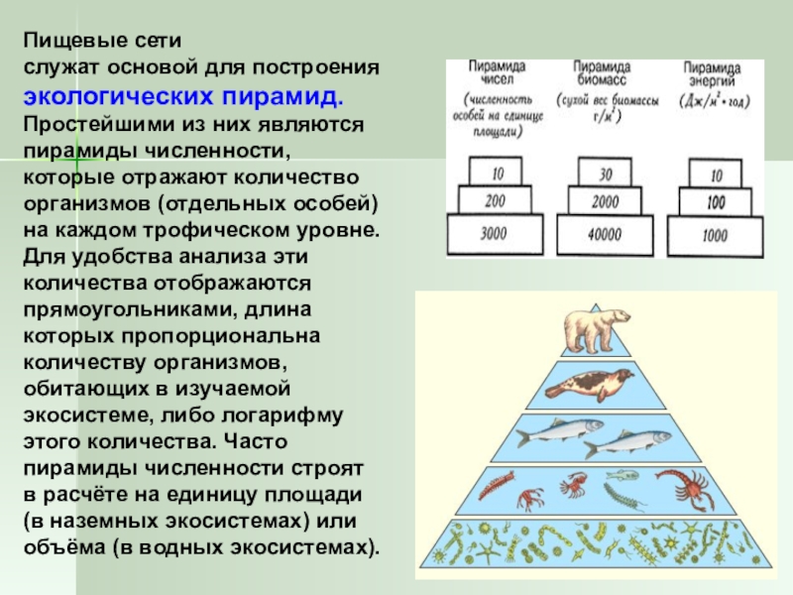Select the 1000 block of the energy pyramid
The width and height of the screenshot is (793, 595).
pyautogui.click(x=714, y=235)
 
